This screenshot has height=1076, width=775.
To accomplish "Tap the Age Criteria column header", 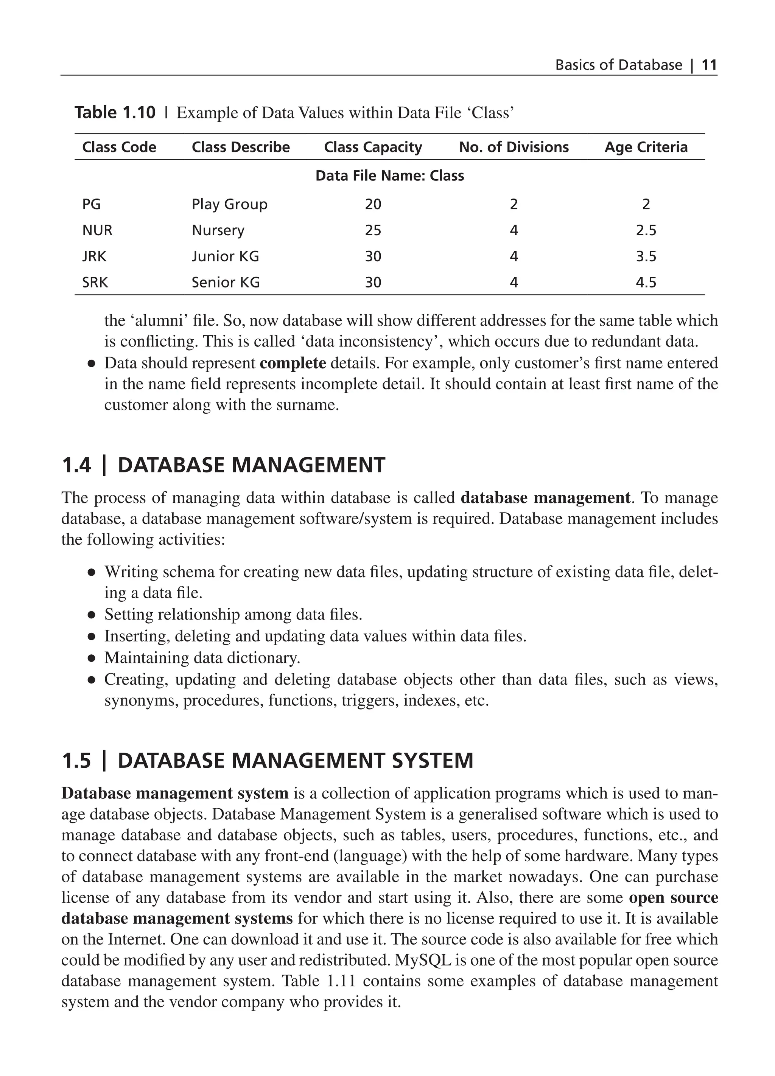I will [x=646, y=147].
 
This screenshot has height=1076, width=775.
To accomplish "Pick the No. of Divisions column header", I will [x=514, y=147].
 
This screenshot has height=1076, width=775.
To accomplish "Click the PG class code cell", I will [x=91, y=205].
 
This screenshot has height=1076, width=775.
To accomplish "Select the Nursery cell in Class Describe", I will [x=218, y=231].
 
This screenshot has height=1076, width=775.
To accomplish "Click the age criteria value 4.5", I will [x=646, y=283].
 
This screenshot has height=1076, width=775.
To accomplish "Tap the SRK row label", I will [x=95, y=283].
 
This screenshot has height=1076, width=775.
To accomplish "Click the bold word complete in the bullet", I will [x=293, y=363].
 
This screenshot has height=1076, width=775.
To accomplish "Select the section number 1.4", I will [x=76, y=466].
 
